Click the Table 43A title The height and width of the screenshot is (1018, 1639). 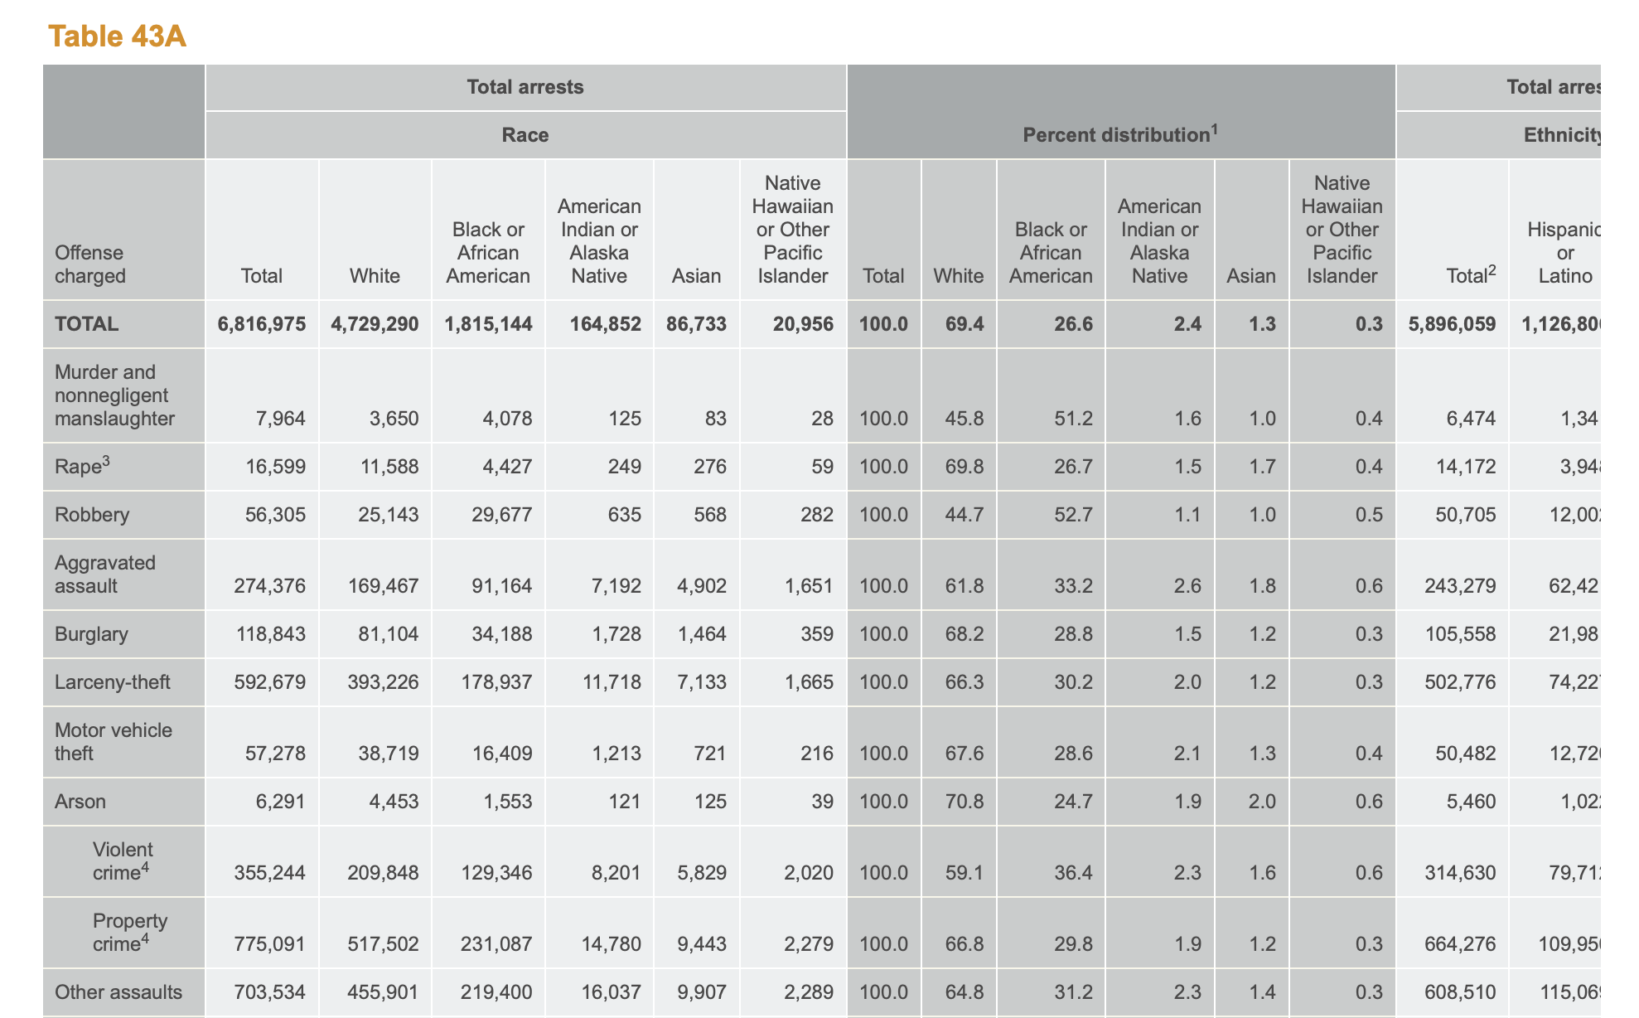[117, 36]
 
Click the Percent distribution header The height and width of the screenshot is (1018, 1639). [1120, 134]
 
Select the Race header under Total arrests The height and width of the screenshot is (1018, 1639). [525, 134]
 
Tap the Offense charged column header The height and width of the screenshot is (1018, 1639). [89, 264]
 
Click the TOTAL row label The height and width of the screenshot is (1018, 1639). [86, 324]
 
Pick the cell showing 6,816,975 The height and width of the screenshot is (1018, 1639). [262, 324]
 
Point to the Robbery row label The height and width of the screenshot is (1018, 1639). [92, 515]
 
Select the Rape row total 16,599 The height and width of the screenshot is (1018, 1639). [275, 467]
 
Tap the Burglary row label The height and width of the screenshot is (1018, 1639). [91, 634]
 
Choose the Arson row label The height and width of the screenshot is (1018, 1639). [80, 802]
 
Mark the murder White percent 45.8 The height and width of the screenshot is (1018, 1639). [965, 419]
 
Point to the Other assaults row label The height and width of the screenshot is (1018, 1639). [118, 992]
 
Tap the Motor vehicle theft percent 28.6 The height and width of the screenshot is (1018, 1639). [1073, 754]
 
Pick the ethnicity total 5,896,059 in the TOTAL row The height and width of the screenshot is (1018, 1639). [1452, 324]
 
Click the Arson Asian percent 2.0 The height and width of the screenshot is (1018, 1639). [1261, 802]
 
